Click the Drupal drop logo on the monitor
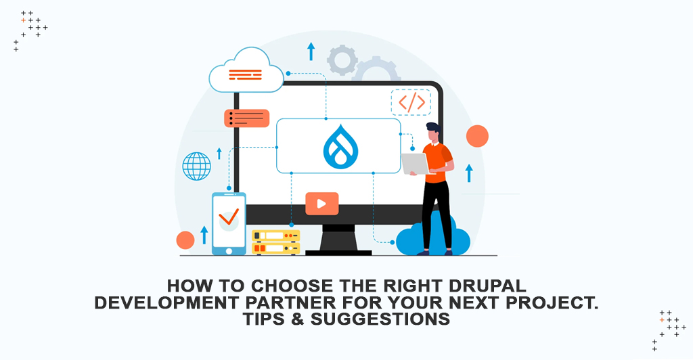point(338,145)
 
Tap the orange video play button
point(321,203)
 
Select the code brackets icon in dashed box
point(411,102)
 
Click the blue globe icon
point(196,166)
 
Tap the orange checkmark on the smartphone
point(229,216)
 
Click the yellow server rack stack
point(275,242)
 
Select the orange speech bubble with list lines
point(246,118)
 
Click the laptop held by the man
point(414,163)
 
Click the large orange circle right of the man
point(477,136)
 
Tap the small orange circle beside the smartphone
point(185,240)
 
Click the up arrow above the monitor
point(311,51)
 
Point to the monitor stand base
point(338,252)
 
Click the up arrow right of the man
point(468,173)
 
